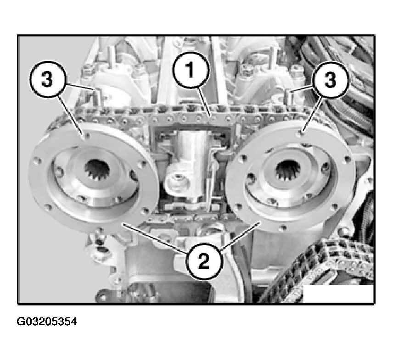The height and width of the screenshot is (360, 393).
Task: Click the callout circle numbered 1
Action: tap(191, 70)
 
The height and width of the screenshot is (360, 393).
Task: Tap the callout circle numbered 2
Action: tap(204, 260)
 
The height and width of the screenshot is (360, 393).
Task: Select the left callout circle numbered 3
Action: tap(48, 79)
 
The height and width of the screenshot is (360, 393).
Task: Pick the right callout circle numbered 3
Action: tap(331, 80)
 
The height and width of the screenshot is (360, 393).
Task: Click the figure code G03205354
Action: tap(47, 321)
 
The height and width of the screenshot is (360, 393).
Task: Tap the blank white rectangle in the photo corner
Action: tap(338, 294)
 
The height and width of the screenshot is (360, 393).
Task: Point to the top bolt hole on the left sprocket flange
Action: tap(86, 135)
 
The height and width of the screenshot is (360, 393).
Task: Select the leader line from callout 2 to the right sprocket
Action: tap(239, 236)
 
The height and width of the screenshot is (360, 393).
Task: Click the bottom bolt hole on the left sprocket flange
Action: tap(100, 229)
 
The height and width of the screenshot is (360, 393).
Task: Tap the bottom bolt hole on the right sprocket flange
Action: tap(284, 227)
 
